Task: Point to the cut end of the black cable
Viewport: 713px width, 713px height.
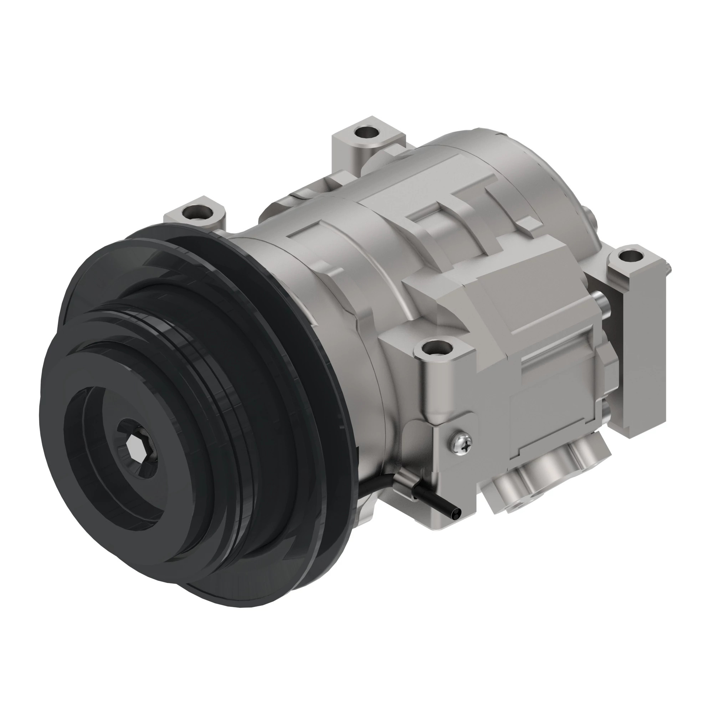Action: [x=458, y=513]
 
